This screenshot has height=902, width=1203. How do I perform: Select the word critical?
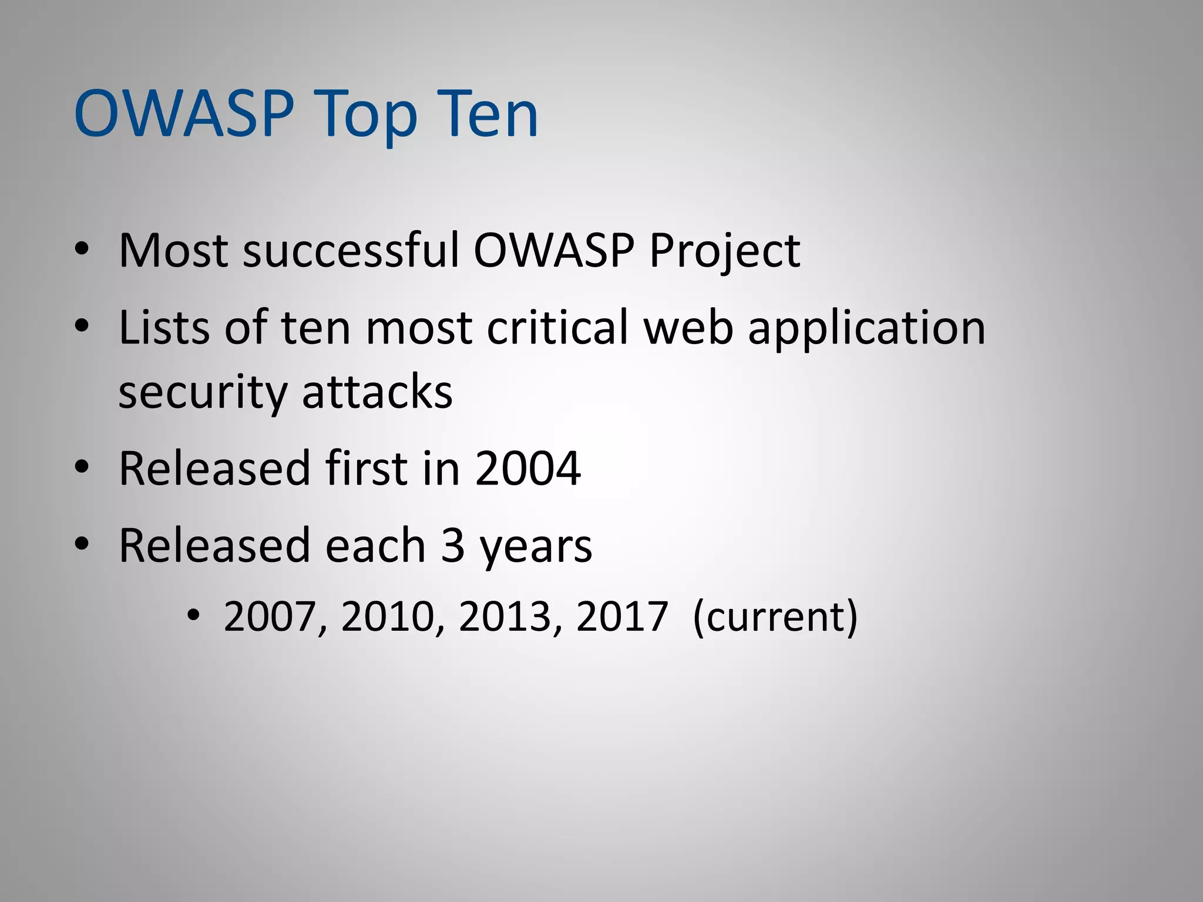tap(557, 327)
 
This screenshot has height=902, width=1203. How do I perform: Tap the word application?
tap(866, 329)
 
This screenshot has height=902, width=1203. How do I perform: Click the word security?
tap(202, 393)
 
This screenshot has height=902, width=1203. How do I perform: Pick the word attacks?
tap(377, 392)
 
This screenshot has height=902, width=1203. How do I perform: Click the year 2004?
tap(527, 469)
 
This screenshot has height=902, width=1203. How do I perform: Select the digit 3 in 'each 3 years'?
tap(452, 546)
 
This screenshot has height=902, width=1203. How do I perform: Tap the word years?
tap(535, 548)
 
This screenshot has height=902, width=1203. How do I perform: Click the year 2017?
tap(622, 617)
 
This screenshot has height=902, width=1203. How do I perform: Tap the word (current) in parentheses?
tap(775, 617)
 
